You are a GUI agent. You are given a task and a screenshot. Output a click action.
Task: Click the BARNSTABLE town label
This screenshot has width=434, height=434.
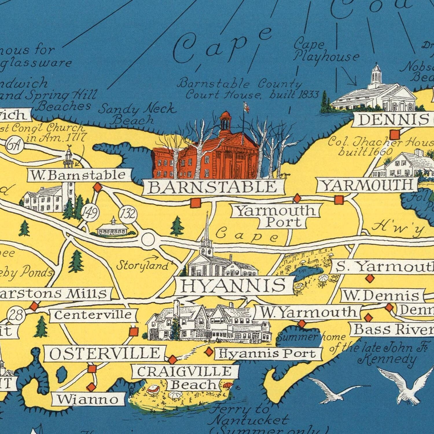tap(213, 187)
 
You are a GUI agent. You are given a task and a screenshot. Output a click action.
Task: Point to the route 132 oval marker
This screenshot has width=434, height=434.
tap(128, 214)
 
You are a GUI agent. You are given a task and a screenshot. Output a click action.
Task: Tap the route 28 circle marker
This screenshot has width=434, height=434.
tap(16, 315)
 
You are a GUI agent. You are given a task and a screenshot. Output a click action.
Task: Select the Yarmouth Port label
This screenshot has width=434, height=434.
tap(276, 216)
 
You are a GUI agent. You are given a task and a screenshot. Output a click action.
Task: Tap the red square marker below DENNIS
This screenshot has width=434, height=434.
tap(395, 135)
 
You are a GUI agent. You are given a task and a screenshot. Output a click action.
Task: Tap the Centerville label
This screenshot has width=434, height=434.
tap(93, 315)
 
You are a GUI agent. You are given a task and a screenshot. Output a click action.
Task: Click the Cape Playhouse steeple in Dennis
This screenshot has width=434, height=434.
tap(376, 74)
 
